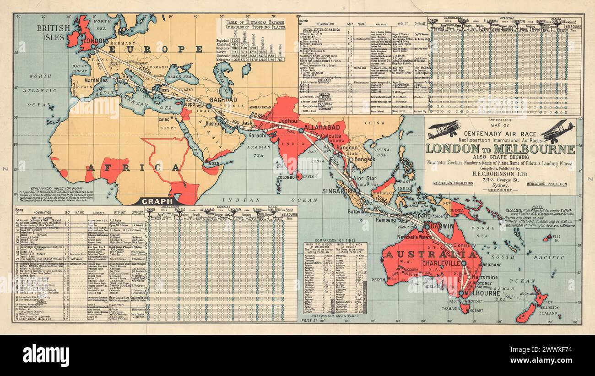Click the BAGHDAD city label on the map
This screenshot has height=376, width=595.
(223, 100)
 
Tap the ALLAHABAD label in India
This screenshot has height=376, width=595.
(322, 127)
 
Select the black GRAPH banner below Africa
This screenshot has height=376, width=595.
(157, 201)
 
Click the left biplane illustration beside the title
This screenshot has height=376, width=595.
(443, 129)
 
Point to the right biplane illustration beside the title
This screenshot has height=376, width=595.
(557, 131)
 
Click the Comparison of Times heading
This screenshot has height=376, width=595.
(335, 240)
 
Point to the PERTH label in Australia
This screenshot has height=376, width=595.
(379, 279)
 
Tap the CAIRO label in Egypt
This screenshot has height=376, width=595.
(165, 120)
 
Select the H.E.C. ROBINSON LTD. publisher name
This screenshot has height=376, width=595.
(500, 174)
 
